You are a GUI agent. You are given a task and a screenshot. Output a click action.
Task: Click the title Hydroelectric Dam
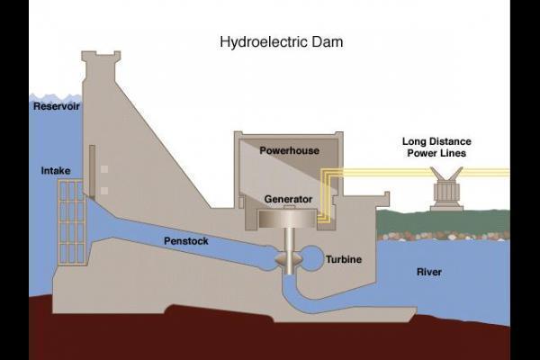281,41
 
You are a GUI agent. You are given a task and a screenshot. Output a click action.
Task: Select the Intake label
56,170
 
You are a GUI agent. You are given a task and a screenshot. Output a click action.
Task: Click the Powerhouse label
289,150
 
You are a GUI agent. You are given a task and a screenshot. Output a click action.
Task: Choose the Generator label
288,198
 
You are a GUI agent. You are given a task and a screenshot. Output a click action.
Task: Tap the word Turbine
344,259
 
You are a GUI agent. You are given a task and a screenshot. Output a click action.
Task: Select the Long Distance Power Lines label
436,148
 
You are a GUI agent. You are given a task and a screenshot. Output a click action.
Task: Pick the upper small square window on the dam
105,169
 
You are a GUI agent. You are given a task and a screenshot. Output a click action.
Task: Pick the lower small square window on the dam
105,190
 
